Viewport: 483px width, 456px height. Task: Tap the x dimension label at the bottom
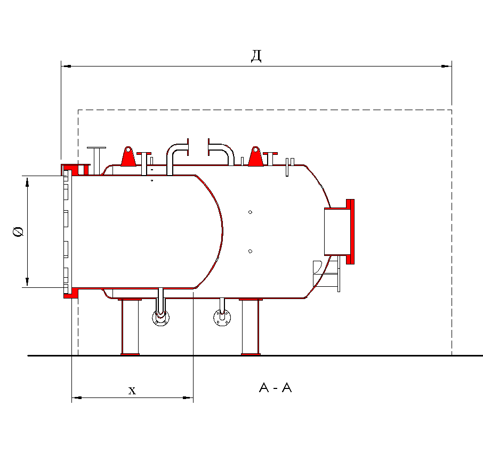132,391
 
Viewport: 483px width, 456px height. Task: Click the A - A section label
275,388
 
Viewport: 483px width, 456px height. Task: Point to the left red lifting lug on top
127,156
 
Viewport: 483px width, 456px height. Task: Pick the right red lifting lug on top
255,157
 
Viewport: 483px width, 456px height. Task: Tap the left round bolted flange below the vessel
160,318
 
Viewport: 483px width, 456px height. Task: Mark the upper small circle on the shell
250,212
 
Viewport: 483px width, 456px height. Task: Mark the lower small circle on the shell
250,251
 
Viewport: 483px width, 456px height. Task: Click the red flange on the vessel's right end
350,231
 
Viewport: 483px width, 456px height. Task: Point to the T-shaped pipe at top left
96,157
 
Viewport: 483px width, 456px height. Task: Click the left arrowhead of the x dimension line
76,397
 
